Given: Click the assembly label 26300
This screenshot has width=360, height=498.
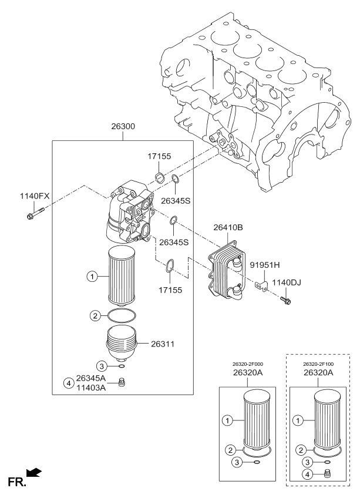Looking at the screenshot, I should (x=122, y=127).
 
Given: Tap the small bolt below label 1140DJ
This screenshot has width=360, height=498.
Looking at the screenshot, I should (x=286, y=301).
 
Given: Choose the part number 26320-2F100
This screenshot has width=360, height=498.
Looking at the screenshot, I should (x=318, y=364).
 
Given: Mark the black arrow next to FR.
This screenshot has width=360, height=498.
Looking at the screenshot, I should (x=35, y=472).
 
